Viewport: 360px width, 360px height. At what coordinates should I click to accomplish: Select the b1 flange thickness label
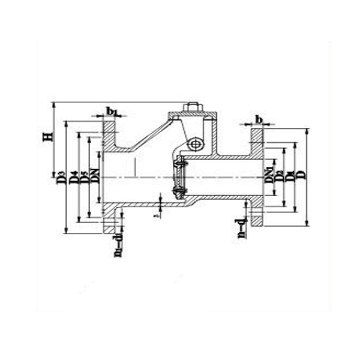112,111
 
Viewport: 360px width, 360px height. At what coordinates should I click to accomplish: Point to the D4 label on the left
74,176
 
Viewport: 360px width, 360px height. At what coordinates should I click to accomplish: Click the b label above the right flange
259,119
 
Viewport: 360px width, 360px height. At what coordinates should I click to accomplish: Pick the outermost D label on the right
301,175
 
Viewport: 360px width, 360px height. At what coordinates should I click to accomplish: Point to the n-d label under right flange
241,229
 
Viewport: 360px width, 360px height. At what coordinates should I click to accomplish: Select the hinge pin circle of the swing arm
195,144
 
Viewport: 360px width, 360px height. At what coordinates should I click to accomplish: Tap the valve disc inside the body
178,178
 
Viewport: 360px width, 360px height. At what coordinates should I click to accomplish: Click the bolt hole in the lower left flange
109,221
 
